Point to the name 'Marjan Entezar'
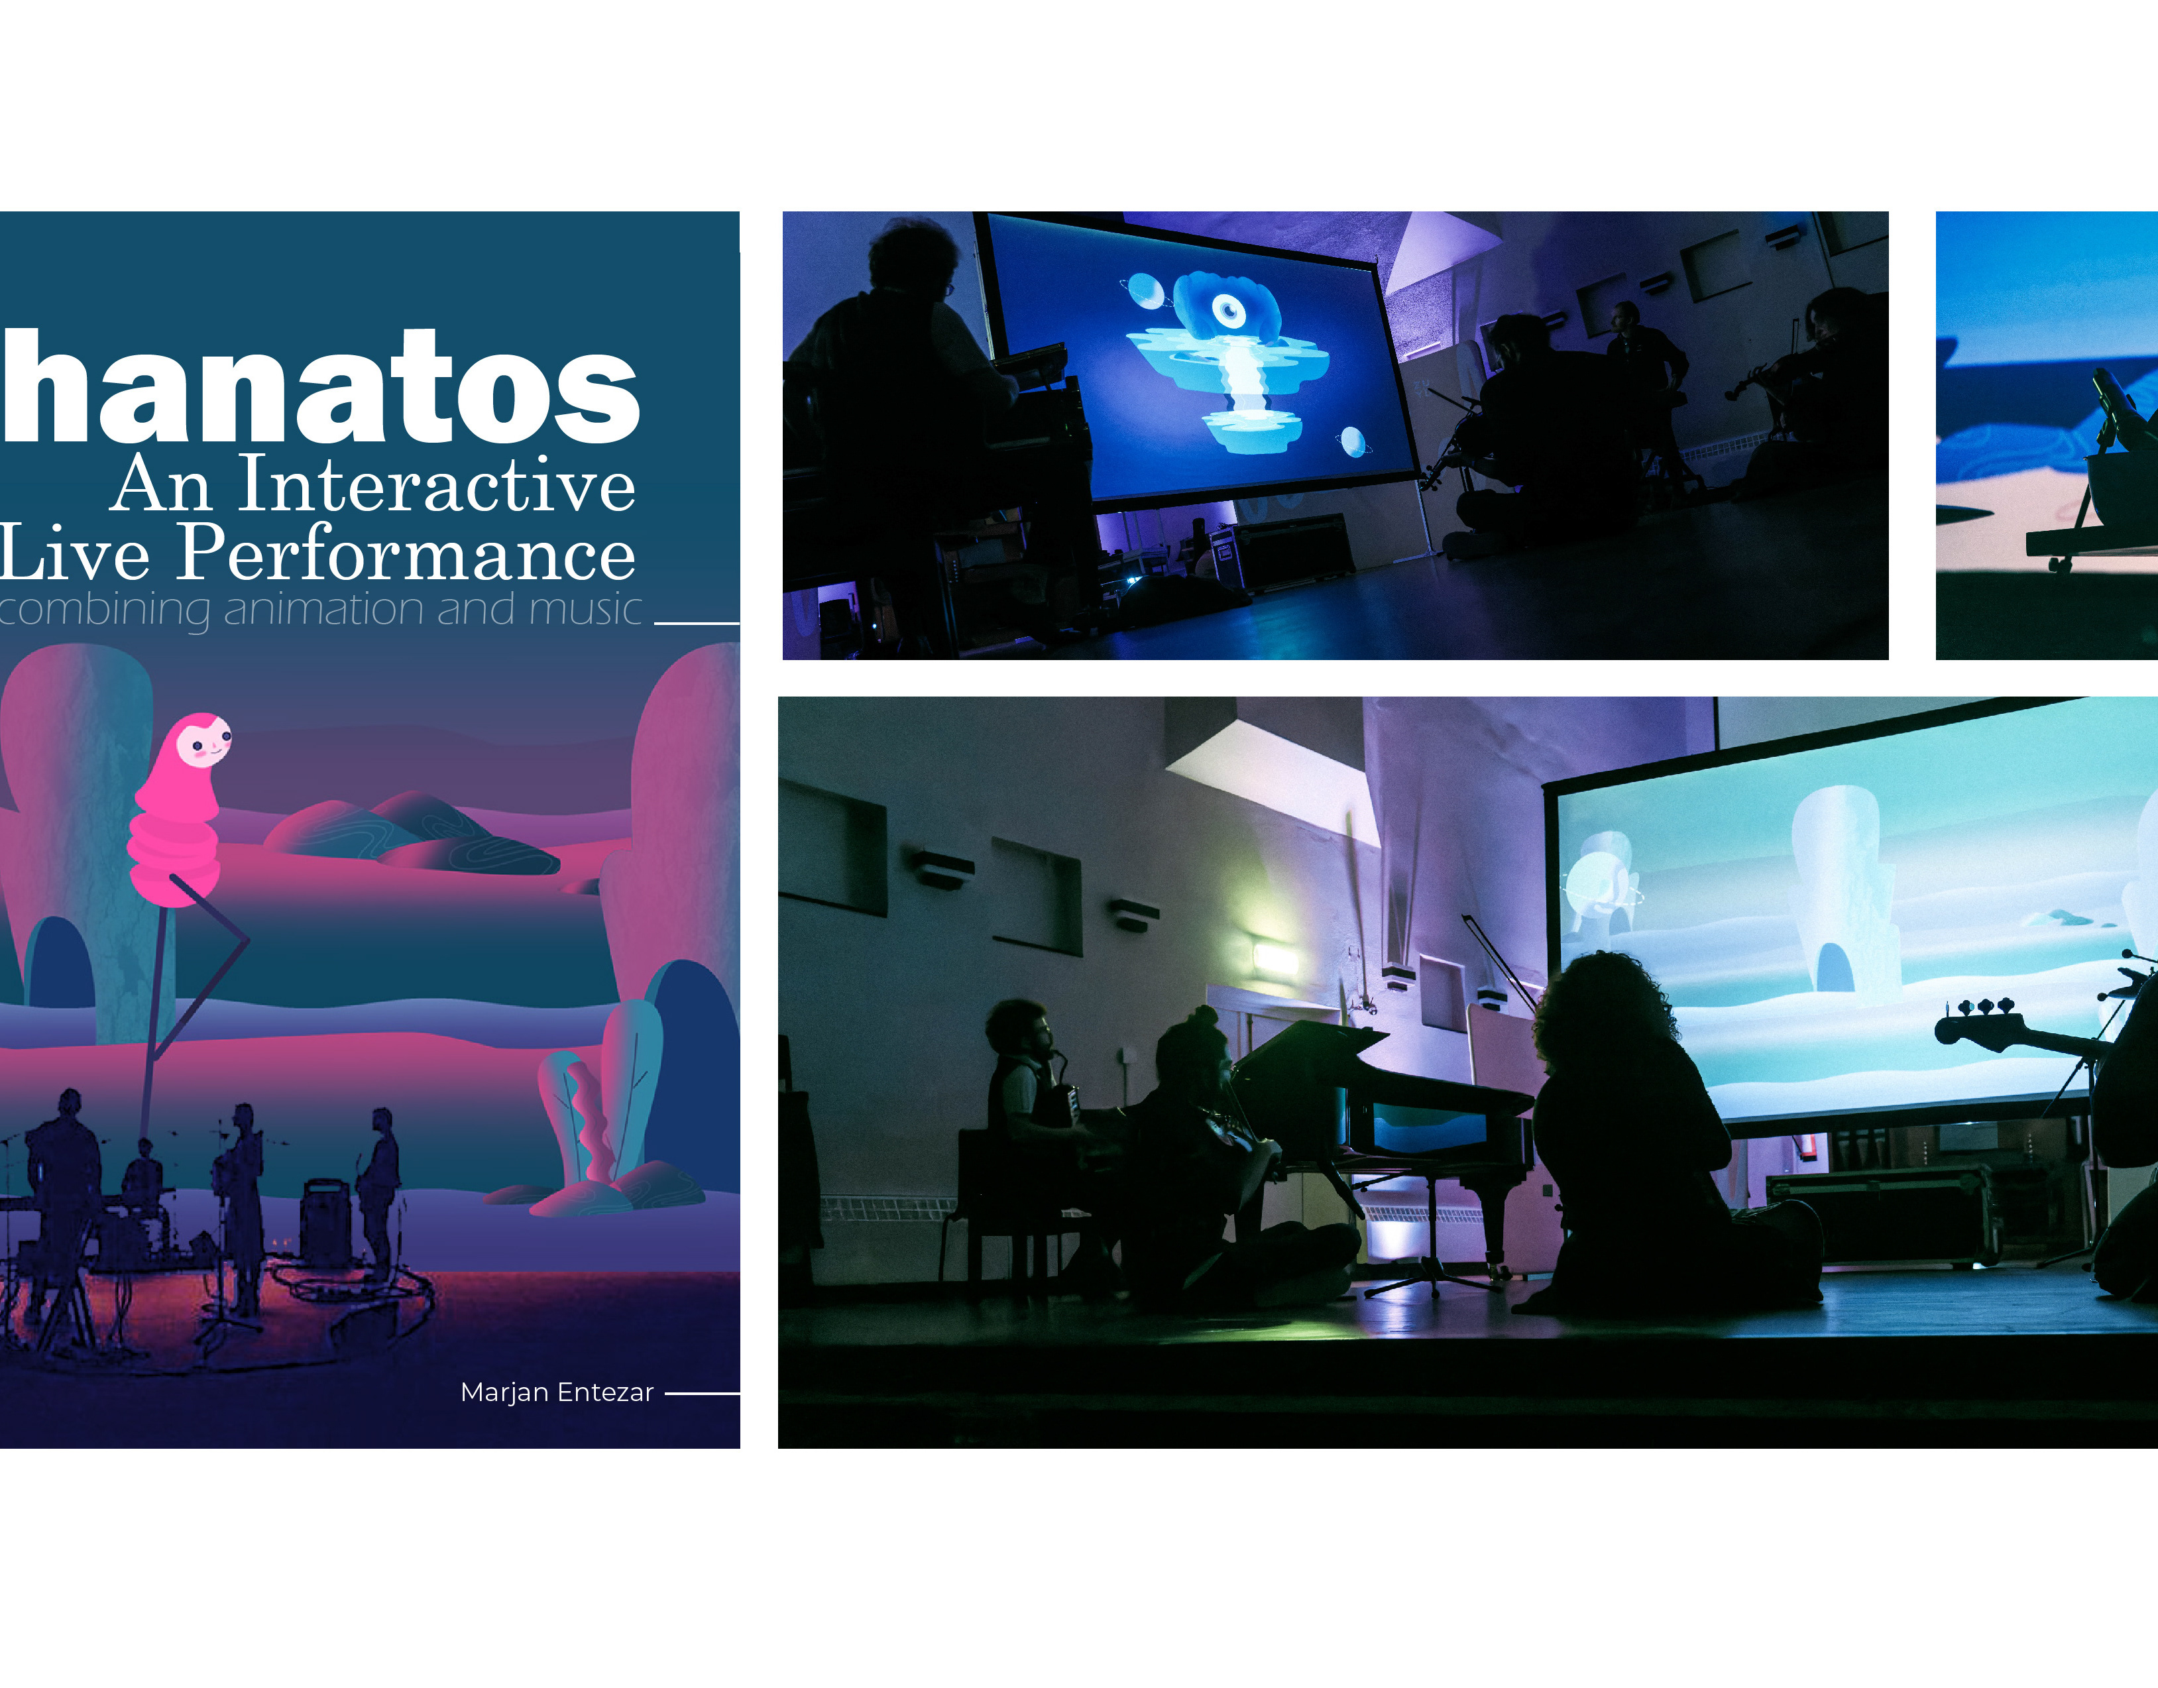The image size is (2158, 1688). pos(557,1392)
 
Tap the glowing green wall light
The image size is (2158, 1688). pos(1275,958)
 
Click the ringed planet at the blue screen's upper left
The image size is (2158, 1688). pos(1146,290)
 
